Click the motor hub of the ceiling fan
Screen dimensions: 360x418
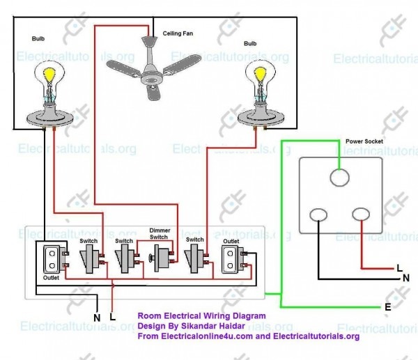point(150,77)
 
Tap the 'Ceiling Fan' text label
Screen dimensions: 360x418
point(178,33)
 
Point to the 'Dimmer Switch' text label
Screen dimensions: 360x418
point(160,233)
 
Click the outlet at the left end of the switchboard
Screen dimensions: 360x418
point(51,259)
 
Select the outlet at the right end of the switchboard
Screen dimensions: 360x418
point(231,259)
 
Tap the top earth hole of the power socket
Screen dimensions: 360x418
point(339,178)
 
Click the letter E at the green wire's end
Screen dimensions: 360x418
point(388,306)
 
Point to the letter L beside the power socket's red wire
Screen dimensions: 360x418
point(398,267)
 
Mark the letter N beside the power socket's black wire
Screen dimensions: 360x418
point(405,277)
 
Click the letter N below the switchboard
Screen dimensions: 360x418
point(97,318)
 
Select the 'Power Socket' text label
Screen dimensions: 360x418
point(364,141)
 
